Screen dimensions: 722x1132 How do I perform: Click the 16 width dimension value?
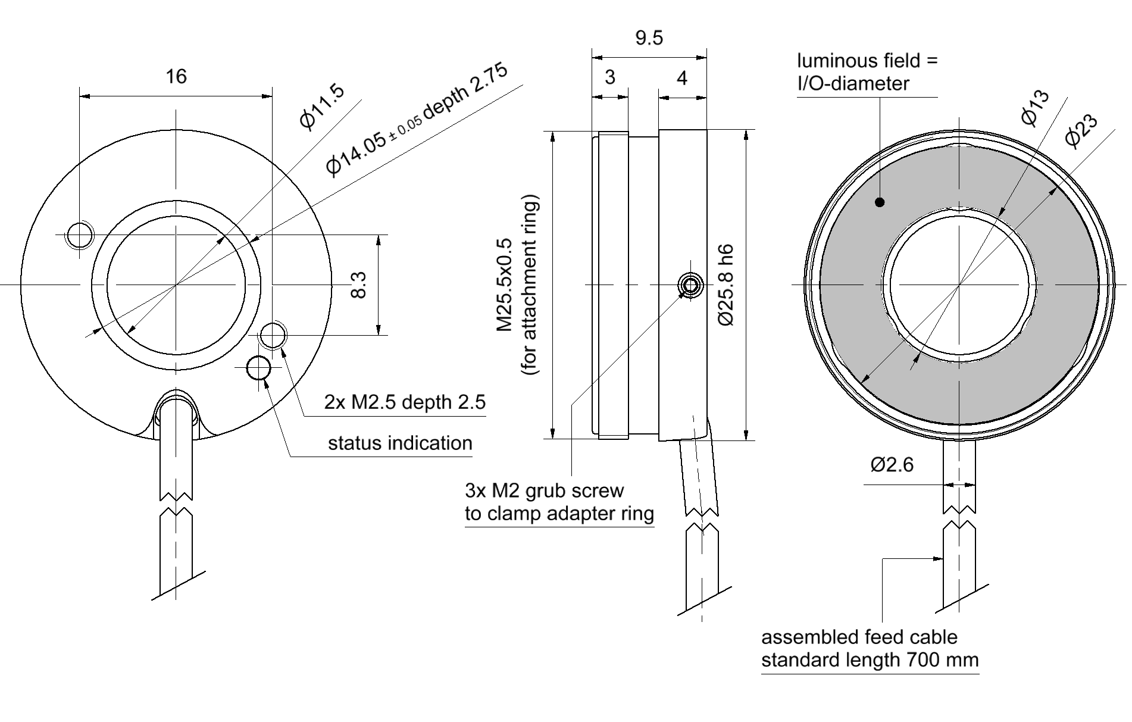click(176, 76)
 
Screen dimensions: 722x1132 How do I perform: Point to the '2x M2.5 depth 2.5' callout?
click(405, 402)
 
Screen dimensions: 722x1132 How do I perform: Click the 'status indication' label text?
click(400, 443)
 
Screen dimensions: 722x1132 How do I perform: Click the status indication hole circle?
click(258, 368)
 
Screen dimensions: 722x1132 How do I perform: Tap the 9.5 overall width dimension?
click(649, 38)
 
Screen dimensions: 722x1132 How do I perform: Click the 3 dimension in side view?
click(609, 77)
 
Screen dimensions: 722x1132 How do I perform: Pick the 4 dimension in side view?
click(682, 78)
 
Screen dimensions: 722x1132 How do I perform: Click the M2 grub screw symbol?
click(690, 285)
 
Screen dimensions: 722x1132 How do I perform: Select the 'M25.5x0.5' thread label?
click(504, 285)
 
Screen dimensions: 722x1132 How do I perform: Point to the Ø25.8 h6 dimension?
click(726, 285)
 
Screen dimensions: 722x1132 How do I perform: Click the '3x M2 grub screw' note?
click(544, 491)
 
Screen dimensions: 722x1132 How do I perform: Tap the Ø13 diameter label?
click(1035, 108)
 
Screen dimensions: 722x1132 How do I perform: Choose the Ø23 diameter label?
click(1081, 130)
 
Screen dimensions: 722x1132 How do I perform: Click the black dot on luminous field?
click(880, 202)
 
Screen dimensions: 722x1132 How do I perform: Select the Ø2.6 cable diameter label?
click(892, 464)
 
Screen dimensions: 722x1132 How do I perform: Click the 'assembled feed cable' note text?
click(859, 637)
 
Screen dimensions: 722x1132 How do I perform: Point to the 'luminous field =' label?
click(867, 61)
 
